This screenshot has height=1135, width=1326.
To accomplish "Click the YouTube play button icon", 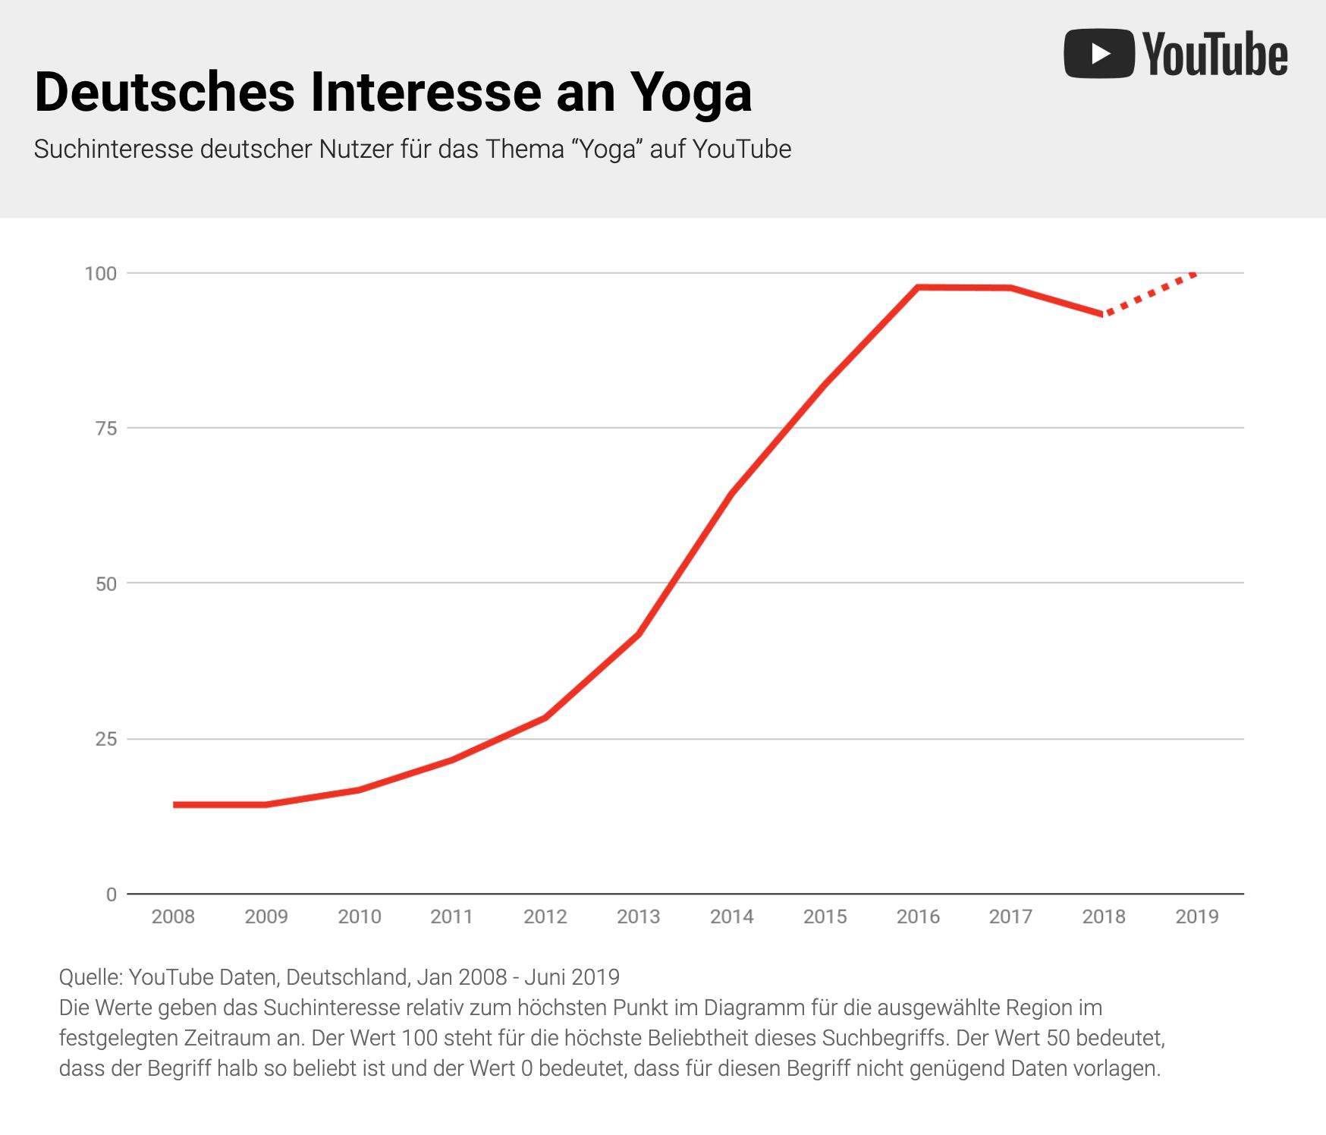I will (1098, 53).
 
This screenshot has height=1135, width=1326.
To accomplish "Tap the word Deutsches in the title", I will (164, 93).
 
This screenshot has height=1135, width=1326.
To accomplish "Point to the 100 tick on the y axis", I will (100, 273).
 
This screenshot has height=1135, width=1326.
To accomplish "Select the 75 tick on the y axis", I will (106, 429).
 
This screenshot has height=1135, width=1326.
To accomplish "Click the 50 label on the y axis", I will (106, 583).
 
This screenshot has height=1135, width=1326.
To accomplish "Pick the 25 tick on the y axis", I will (106, 739).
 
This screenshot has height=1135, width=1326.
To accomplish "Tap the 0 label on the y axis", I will (111, 894).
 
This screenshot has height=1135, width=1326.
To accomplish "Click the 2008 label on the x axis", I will (173, 916).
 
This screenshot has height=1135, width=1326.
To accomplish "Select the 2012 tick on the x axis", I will (545, 916).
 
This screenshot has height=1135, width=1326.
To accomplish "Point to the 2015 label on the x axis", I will (825, 916).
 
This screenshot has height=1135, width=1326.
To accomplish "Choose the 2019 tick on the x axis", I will (1197, 916).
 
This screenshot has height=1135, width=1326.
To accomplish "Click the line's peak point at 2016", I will (918, 288).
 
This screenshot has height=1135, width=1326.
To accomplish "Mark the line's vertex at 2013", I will (639, 634).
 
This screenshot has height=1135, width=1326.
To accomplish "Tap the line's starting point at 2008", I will (174, 804).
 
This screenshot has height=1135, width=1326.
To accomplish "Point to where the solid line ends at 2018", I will (1103, 313).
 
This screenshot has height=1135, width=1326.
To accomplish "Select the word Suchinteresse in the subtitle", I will (113, 149).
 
